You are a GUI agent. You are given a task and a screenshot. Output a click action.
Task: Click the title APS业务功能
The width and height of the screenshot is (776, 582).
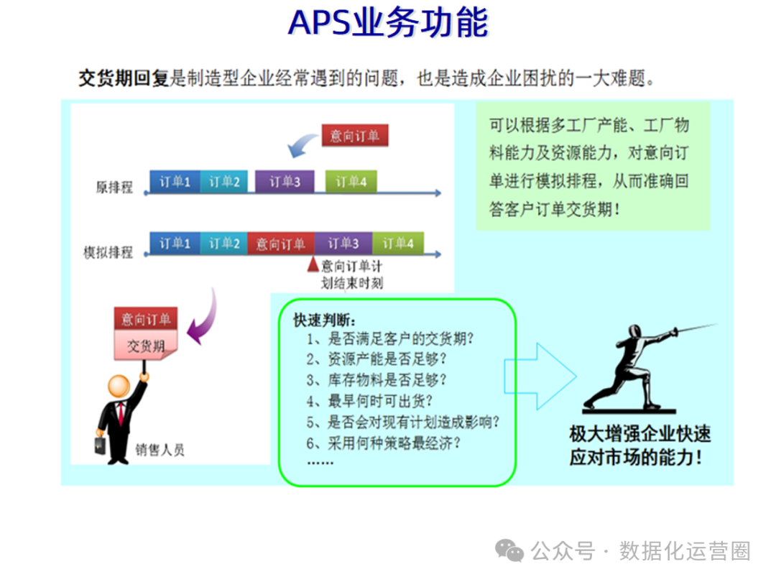click(x=388, y=23)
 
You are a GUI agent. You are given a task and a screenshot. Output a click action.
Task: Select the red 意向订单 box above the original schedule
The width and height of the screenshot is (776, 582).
click(x=355, y=135)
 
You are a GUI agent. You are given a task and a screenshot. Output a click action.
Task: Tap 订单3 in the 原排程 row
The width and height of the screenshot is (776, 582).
click(x=285, y=182)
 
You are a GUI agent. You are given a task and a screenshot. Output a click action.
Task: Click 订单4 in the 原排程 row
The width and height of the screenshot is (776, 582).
click(x=351, y=182)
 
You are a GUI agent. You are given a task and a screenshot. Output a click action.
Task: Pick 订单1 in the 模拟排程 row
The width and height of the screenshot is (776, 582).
click(x=175, y=243)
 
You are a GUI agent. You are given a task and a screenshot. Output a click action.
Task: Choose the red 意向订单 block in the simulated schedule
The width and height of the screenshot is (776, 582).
click(x=281, y=243)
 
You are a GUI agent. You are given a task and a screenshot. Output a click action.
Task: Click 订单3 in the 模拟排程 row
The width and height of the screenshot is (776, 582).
click(x=343, y=243)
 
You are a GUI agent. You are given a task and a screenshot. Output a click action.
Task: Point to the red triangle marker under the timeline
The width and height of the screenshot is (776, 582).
click(x=313, y=264)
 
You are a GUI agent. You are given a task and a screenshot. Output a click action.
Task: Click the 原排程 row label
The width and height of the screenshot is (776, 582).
click(x=114, y=187)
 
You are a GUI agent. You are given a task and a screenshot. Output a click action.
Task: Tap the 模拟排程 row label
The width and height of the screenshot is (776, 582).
click(x=108, y=252)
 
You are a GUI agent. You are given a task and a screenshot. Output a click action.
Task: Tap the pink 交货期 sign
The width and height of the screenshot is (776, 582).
click(x=146, y=345)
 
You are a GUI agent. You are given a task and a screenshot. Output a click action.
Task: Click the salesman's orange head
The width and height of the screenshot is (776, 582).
click(x=119, y=386)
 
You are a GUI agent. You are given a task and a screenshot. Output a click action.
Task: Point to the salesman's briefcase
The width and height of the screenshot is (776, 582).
click(x=101, y=445)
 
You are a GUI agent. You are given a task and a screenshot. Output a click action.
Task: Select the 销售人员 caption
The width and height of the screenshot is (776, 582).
click(x=160, y=449)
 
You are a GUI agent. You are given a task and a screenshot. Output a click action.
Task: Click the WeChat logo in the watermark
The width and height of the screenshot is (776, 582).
click(x=509, y=551)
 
